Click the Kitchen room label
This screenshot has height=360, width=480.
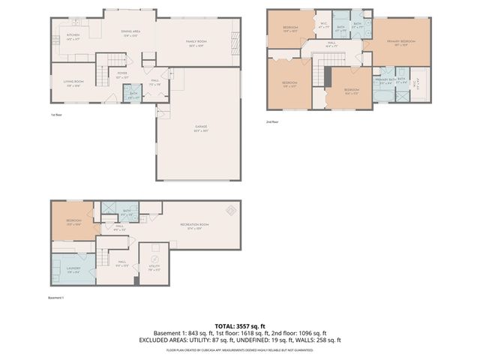tap(73, 36)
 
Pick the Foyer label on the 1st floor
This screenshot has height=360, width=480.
tap(121, 75)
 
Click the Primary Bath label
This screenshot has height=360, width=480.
tap(385, 80)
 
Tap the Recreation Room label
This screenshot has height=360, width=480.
tap(193, 226)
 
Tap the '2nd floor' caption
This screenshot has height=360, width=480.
tap(272, 121)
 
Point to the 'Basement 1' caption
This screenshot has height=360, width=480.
tap(58, 298)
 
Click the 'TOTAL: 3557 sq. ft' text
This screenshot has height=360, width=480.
tap(240, 325)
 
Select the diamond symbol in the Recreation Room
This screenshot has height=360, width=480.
tap(232, 209)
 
